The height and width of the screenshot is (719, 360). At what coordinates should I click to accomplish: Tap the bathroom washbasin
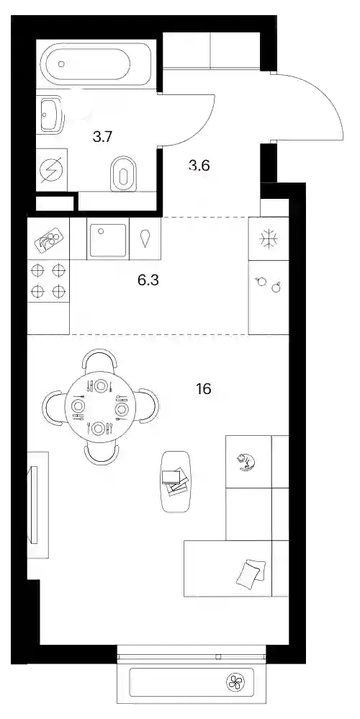[50, 114]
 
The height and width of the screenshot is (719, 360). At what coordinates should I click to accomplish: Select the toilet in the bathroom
[124, 174]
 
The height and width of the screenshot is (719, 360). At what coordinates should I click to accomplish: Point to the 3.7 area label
[102, 137]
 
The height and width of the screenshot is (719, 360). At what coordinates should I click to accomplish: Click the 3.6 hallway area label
[199, 165]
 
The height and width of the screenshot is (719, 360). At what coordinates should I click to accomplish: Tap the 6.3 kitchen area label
[148, 280]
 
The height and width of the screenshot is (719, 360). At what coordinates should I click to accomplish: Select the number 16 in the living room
[203, 389]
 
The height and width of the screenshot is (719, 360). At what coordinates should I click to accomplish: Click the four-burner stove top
[48, 281]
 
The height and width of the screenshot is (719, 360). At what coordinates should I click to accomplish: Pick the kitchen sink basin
[108, 240]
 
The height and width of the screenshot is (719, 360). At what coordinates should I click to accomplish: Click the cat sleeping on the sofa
[246, 461]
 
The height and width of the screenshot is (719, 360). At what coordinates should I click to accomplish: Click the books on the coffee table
[175, 481]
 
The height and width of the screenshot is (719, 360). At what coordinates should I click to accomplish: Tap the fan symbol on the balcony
[236, 682]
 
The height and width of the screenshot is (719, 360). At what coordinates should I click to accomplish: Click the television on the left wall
[33, 504]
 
